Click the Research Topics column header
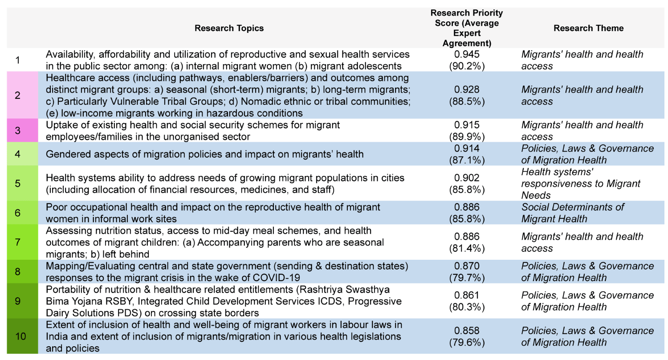229,28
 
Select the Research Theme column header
588,28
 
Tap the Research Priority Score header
467,28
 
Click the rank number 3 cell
23,131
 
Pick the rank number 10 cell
23,336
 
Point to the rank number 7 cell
23,242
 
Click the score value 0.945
467,54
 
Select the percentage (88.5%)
467,102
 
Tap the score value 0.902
467,178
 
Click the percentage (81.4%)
467,248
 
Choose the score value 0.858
467,331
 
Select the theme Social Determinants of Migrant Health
572,213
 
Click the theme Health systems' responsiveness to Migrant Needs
581,184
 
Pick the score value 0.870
467,266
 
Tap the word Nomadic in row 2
260,102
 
